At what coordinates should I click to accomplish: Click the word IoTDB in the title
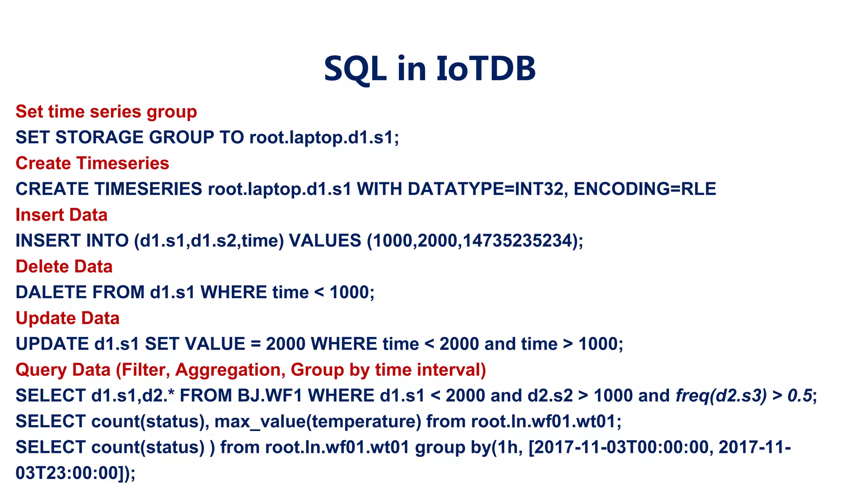click(x=486, y=68)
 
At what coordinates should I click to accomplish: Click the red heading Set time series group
click(x=106, y=112)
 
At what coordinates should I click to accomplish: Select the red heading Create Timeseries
click(x=92, y=163)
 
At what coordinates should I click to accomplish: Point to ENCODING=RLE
click(x=645, y=189)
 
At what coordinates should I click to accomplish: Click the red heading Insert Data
click(x=62, y=215)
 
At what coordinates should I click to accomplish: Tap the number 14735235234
click(x=517, y=241)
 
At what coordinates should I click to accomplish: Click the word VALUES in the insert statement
click(x=325, y=241)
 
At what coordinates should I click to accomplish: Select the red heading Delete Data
click(x=64, y=267)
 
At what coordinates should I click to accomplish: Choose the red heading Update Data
click(x=68, y=318)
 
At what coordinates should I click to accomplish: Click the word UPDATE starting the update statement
click(x=52, y=344)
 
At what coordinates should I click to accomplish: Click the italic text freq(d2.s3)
click(x=721, y=396)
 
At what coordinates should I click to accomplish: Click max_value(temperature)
click(x=318, y=421)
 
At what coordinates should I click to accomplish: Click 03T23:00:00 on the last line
click(x=67, y=473)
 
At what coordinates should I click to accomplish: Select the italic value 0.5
click(x=800, y=396)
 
